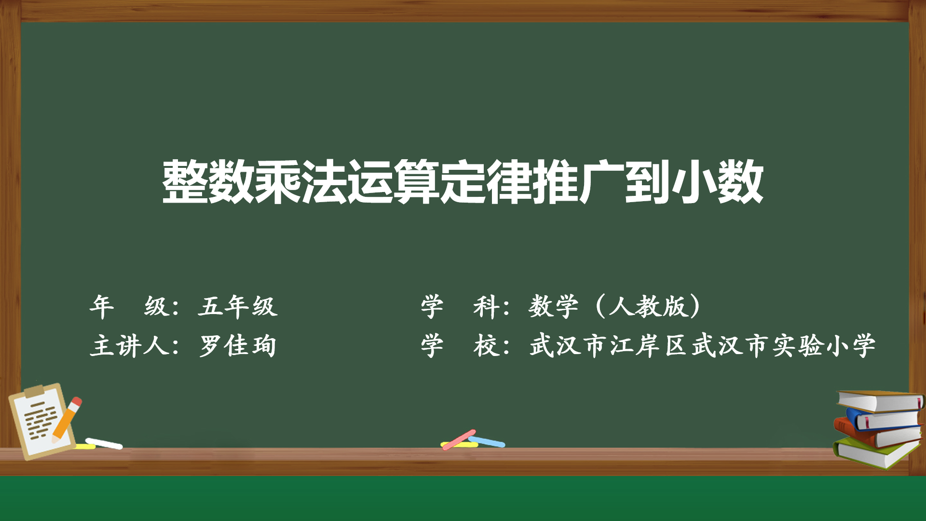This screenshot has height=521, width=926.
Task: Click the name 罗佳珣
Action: click(238, 346)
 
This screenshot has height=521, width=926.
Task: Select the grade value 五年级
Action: click(238, 306)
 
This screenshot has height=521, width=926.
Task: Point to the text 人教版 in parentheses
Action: click(648, 306)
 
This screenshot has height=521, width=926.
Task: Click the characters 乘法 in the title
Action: click(300, 182)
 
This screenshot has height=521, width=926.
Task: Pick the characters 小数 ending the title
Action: click(717, 182)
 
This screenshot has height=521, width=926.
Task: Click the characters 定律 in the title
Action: click(486, 182)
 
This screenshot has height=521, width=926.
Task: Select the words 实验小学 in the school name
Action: click(824, 346)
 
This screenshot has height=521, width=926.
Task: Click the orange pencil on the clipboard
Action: click(67, 419)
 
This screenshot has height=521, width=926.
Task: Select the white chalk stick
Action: click(104, 443)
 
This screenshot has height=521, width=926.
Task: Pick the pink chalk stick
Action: click(459, 439)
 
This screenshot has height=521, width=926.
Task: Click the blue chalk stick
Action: click(487, 441)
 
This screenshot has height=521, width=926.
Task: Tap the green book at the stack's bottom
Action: click(875, 452)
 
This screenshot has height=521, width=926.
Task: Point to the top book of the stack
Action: click(880, 400)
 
